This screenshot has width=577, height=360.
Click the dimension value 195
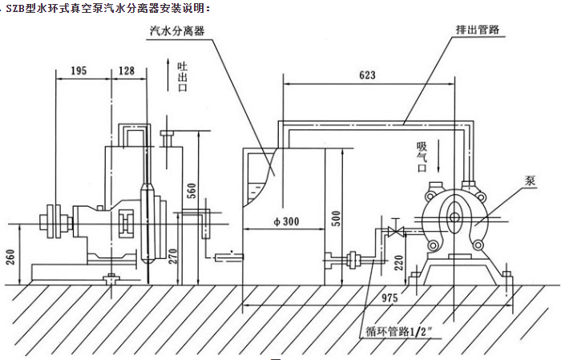(x=78, y=71)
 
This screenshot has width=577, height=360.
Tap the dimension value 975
(x=390, y=297)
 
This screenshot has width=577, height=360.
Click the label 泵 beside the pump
(x=529, y=180)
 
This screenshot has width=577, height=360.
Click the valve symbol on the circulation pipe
(x=393, y=232)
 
